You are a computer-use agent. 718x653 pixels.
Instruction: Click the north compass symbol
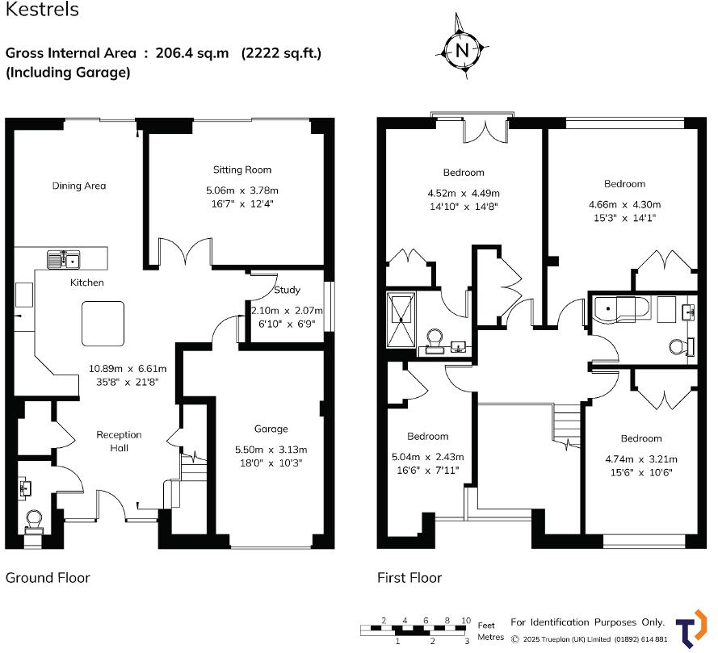point(462,49)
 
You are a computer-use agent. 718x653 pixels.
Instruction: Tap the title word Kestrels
point(42,10)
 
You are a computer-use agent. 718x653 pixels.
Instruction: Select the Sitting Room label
point(242,170)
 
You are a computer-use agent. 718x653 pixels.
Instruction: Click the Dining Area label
point(79,186)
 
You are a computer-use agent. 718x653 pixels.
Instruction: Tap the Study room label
point(287,290)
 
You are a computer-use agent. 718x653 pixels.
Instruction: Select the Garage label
point(271,429)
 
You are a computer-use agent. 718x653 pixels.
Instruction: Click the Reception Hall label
point(119,441)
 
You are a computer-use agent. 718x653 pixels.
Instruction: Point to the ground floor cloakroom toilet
point(34,520)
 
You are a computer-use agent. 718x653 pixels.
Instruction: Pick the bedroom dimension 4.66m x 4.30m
point(624,204)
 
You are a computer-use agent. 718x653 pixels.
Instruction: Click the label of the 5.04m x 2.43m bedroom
point(427,437)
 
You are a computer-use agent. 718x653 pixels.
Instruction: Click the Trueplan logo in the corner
point(690,628)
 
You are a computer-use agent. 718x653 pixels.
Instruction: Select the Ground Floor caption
point(48,577)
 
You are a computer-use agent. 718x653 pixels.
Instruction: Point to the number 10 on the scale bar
point(465,621)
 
